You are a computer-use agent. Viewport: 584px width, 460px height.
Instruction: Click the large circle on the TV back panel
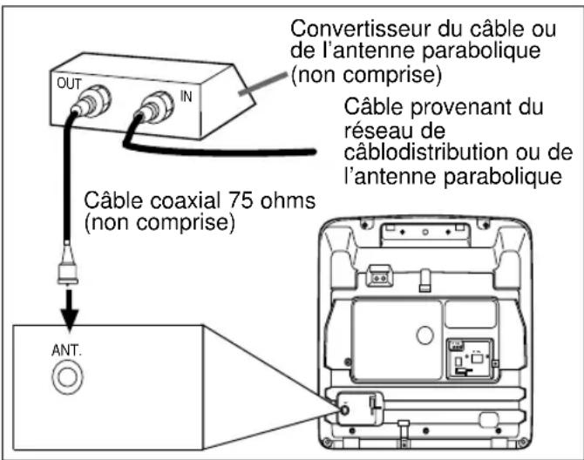pyautogui.click(x=422, y=332)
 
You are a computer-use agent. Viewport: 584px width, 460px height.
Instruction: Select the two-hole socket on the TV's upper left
pyautogui.click(x=378, y=274)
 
